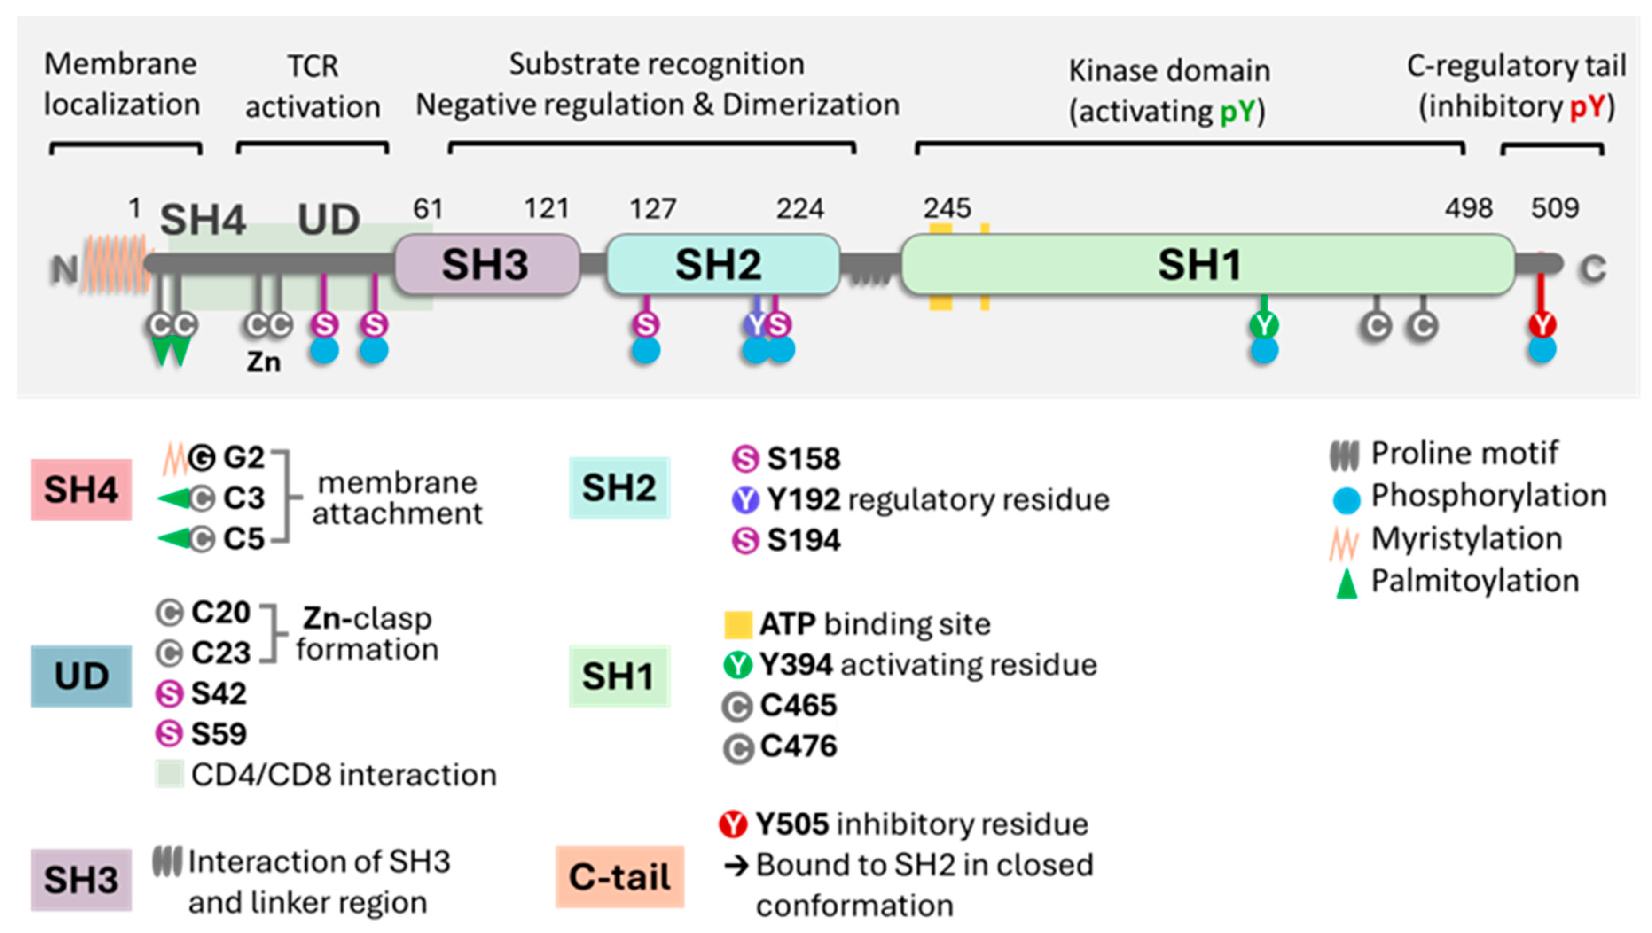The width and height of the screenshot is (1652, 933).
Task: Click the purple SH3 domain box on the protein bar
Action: point(487,264)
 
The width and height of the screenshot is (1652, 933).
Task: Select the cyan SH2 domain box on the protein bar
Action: point(723,264)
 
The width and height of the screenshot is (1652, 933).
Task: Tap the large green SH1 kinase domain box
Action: point(1208,264)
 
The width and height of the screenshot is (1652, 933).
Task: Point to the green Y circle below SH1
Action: point(1264,325)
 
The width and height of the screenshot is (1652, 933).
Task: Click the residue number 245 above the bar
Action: point(947,208)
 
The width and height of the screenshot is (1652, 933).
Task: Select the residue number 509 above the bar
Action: point(1554,208)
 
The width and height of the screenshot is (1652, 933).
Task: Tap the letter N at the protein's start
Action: point(65,270)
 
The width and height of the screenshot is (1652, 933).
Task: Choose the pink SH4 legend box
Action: point(82,490)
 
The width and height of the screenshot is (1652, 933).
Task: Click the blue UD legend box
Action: point(82,676)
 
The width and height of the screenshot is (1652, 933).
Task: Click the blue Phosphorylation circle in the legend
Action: point(1346,500)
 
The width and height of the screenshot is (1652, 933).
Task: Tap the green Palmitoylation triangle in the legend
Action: point(1346,583)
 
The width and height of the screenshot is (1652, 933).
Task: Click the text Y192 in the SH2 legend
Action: point(803,500)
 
